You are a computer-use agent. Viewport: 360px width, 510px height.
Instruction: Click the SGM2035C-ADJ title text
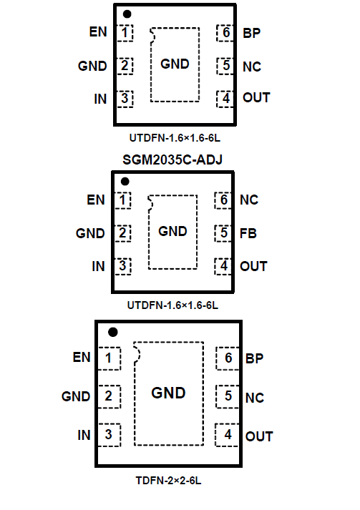tap(172, 160)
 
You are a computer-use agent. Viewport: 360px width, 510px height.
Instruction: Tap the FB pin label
tap(248, 233)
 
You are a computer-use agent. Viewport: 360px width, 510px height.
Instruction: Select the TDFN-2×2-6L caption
tap(168, 481)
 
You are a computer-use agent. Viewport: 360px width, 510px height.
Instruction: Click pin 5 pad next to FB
tap(223, 233)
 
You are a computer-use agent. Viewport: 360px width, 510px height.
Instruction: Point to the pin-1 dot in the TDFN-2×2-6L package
tap(113, 332)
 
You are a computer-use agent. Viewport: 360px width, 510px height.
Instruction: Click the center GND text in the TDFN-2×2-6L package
tap(168, 393)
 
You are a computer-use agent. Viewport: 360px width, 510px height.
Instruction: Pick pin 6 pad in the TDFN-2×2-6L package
tap(228, 358)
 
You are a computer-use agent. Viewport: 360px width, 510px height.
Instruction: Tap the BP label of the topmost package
tap(252, 33)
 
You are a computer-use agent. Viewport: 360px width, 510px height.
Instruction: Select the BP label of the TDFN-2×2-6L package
tap(254, 358)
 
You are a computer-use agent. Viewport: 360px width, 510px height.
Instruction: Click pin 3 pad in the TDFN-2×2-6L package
tap(109, 435)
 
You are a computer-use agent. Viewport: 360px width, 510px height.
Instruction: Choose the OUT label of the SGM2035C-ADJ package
tap(253, 266)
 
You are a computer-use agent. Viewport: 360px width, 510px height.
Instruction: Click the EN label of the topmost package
tap(98, 32)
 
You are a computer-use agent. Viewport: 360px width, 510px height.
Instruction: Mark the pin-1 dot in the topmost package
tap(127, 14)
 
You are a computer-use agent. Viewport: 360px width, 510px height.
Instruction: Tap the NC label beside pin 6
tap(249, 200)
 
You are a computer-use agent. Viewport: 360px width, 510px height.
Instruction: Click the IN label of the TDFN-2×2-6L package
tap(84, 435)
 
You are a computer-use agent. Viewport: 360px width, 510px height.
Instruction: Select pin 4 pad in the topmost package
tap(225, 99)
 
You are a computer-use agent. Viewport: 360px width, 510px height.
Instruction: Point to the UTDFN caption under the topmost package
tap(175, 138)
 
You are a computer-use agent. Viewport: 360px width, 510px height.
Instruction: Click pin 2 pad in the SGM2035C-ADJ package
tap(122, 233)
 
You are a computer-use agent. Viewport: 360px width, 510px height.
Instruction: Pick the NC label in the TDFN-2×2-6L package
tap(255, 398)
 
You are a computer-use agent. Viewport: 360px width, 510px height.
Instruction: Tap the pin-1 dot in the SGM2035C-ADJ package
tap(125, 181)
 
